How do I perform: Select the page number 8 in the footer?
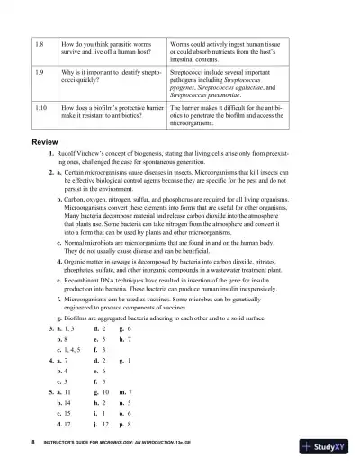(x=31, y=444)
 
